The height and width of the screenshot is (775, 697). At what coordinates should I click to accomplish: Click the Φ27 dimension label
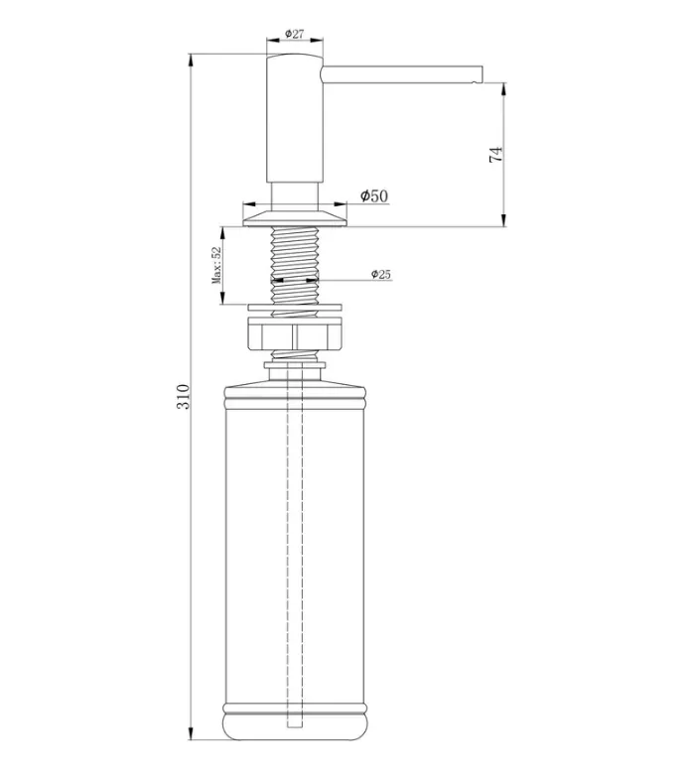coord(294,34)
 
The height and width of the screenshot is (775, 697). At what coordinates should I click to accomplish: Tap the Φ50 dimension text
coord(374,195)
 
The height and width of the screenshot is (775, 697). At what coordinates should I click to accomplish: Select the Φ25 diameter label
coord(381,274)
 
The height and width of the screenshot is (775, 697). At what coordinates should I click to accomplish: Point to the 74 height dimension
coord(495,154)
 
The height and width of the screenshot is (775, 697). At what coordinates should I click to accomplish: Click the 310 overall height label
coord(183,396)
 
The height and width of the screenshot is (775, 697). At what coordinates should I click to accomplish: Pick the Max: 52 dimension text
coord(216,265)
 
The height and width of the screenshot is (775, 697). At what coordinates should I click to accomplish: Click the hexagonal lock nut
coord(294,334)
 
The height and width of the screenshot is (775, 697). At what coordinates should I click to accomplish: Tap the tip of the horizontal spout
coord(481,73)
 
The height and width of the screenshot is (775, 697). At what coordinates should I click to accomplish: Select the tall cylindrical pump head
coord(295,118)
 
